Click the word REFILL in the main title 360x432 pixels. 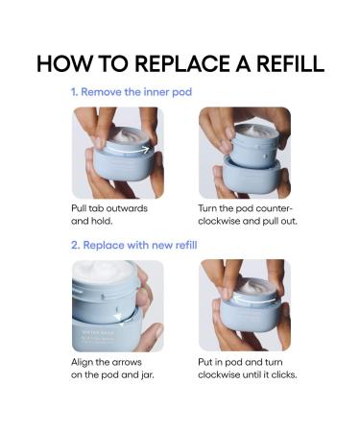pyautogui.click(x=291, y=63)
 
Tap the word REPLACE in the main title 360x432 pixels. pyautogui.click(x=182, y=63)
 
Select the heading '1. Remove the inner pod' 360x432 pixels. pyautogui.click(x=132, y=92)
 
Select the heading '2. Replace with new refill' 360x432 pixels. pyautogui.click(x=134, y=246)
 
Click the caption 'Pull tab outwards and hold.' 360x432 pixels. pyautogui.click(x=109, y=215)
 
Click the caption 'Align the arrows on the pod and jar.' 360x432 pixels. pyautogui.click(x=112, y=369)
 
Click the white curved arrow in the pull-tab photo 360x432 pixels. pyautogui.click(x=128, y=150)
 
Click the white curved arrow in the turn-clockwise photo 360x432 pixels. pyautogui.click(x=254, y=300)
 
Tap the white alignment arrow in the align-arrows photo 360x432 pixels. pyautogui.click(x=118, y=317)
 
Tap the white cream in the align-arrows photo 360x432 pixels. pyautogui.click(x=103, y=272)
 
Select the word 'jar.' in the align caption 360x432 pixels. pyautogui.click(x=147, y=374)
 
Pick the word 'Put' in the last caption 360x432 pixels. pyautogui.click(x=204, y=362)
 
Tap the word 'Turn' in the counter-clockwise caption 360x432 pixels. pyautogui.click(x=206, y=208)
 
